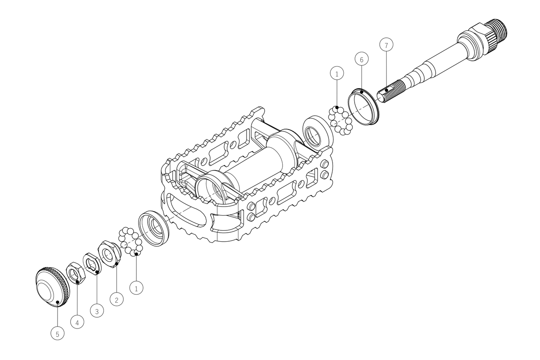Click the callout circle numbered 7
(386, 45)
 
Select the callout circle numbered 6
(362, 59)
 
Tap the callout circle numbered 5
(58, 334)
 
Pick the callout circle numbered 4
(77, 322)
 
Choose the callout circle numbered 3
(97, 311)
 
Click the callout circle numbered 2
(117, 300)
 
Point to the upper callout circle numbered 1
(337, 73)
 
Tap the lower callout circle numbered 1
(136, 288)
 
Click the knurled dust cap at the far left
(52, 287)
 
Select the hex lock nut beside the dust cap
(76, 273)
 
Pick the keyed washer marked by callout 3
(92, 264)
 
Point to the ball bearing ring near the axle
(340, 120)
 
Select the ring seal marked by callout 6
(363, 107)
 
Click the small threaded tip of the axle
(391, 92)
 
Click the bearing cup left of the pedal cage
(153, 228)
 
